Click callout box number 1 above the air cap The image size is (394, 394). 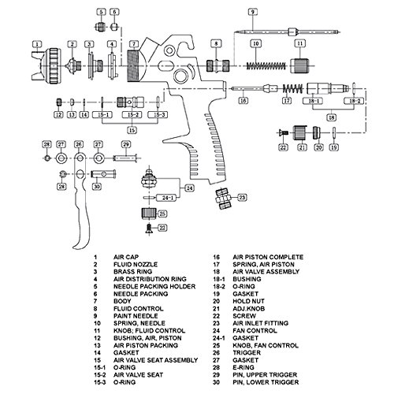tap(37, 44)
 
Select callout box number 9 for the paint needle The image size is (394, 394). tap(252, 12)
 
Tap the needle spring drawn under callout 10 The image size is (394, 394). tap(266, 65)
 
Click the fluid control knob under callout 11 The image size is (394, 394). tap(299, 65)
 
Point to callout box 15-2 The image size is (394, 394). tap(132, 115)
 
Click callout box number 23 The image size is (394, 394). tap(242, 197)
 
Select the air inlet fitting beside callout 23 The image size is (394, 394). tap(223, 199)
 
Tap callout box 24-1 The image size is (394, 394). tap(166, 198)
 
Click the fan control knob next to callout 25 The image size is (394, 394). tap(149, 214)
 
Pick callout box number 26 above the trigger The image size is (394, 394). tap(79, 144)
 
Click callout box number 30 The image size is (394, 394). tap(97, 187)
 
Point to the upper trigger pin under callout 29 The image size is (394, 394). tap(125, 158)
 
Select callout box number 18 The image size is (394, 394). tap(332, 117)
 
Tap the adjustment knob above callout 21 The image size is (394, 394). tap(300, 133)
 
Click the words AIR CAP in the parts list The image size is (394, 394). tap(126, 257)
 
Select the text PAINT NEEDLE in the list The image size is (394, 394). tap(136, 316)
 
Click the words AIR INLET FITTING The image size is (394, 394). tap(261, 323)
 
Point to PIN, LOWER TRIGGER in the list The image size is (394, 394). tap(266, 382)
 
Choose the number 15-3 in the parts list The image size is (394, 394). tap(100, 382)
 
